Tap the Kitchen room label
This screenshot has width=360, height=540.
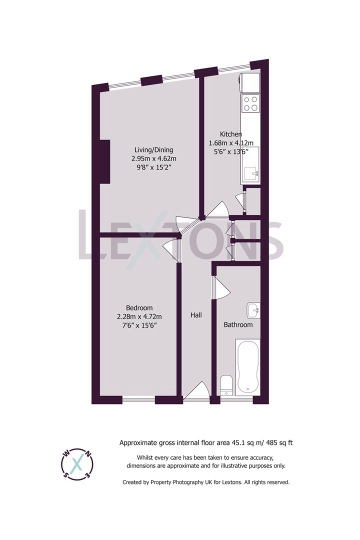[x=231, y=134]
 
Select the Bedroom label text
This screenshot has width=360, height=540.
[x=139, y=308]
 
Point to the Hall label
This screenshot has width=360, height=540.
[x=196, y=315]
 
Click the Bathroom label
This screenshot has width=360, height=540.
[x=238, y=325]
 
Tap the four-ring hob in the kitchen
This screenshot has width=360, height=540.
[x=250, y=103]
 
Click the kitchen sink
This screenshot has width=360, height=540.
[x=250, y=173]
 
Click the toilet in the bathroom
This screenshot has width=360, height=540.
[x=226, y=385]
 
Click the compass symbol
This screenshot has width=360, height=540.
[x=76, y=463]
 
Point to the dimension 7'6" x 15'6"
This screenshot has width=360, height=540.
[x=139, y=325]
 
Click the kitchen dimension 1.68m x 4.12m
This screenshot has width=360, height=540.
[x=231, y=142]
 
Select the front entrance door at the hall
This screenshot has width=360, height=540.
[x=196, y=392]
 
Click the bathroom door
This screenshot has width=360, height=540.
[x=220, y=288]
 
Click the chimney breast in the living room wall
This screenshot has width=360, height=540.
[x=104, y=161]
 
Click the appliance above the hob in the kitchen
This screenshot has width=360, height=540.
[x=250, y=82]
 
